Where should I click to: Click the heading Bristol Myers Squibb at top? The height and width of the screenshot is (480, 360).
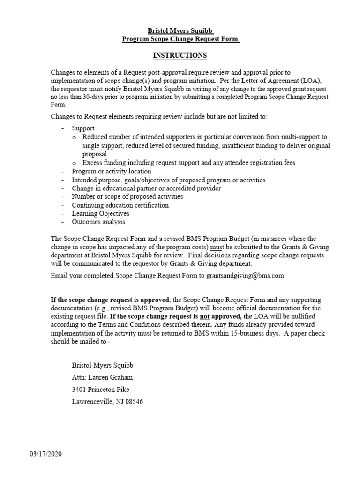180,31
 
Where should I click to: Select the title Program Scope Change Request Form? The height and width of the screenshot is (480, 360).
180,39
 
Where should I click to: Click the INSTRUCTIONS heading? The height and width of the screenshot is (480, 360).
180,55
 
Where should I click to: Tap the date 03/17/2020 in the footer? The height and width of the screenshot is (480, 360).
46,454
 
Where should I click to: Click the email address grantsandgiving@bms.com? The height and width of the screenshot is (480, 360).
245,276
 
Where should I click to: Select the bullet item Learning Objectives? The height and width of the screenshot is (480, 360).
100,213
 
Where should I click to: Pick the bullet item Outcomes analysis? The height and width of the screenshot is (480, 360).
98,222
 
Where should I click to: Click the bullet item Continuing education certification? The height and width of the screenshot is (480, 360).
120,205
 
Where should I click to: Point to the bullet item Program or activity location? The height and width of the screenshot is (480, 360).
111,172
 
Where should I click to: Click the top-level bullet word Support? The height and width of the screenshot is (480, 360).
83,128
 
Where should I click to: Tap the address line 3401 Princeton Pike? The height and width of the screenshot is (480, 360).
100,389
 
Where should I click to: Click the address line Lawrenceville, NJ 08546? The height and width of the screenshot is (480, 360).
107,401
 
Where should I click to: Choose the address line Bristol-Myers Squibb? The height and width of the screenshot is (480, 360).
99,365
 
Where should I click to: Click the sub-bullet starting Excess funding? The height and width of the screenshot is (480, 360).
189,163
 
